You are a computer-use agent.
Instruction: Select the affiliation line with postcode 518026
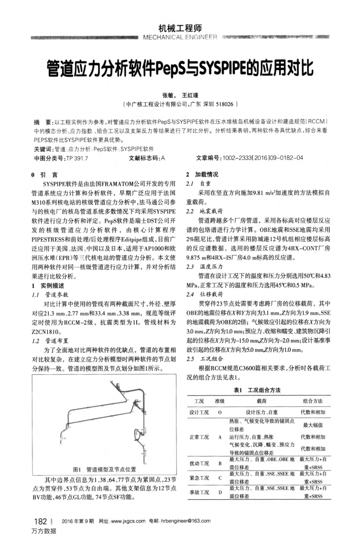coord(179,104)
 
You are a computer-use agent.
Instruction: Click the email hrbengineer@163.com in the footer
coord(181,521)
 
